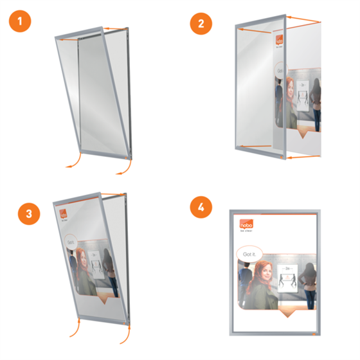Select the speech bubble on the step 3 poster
point(71,241)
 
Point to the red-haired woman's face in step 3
point(82,258)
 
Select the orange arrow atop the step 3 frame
point(114,194)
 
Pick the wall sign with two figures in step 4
point(287,278)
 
